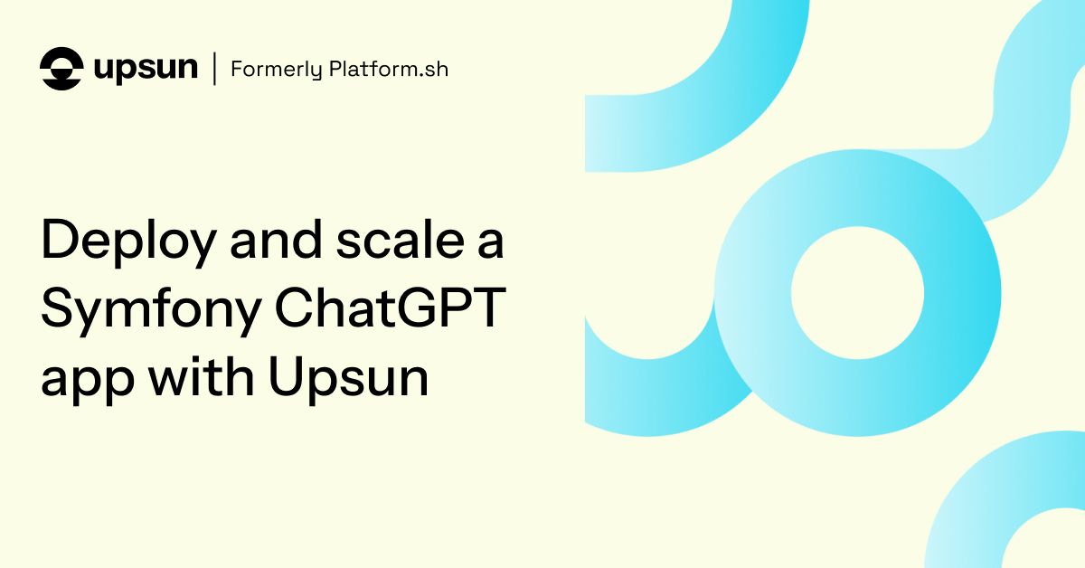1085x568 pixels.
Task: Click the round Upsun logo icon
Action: (61, 69)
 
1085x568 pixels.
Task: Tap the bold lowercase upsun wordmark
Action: (146, 69)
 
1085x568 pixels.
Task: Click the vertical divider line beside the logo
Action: (214, 69)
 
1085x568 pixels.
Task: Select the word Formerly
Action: (276, 70)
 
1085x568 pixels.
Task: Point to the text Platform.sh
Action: (389, 69)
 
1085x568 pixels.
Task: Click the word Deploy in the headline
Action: (128, 242)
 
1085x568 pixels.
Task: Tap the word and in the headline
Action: (276, 239)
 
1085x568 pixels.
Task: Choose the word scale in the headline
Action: (401, 239)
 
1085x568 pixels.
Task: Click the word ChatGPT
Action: (391, 308)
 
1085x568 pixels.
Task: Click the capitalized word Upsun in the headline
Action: (349, 380)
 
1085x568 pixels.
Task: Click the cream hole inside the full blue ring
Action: (857, 293)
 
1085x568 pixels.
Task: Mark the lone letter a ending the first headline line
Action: (491, 242)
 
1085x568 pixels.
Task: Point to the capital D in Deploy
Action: (61, 239)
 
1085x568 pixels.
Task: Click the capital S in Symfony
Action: (59, 308)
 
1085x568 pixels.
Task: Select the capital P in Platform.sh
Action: (335, 69)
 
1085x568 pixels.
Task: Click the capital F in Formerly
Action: (237, 69)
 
